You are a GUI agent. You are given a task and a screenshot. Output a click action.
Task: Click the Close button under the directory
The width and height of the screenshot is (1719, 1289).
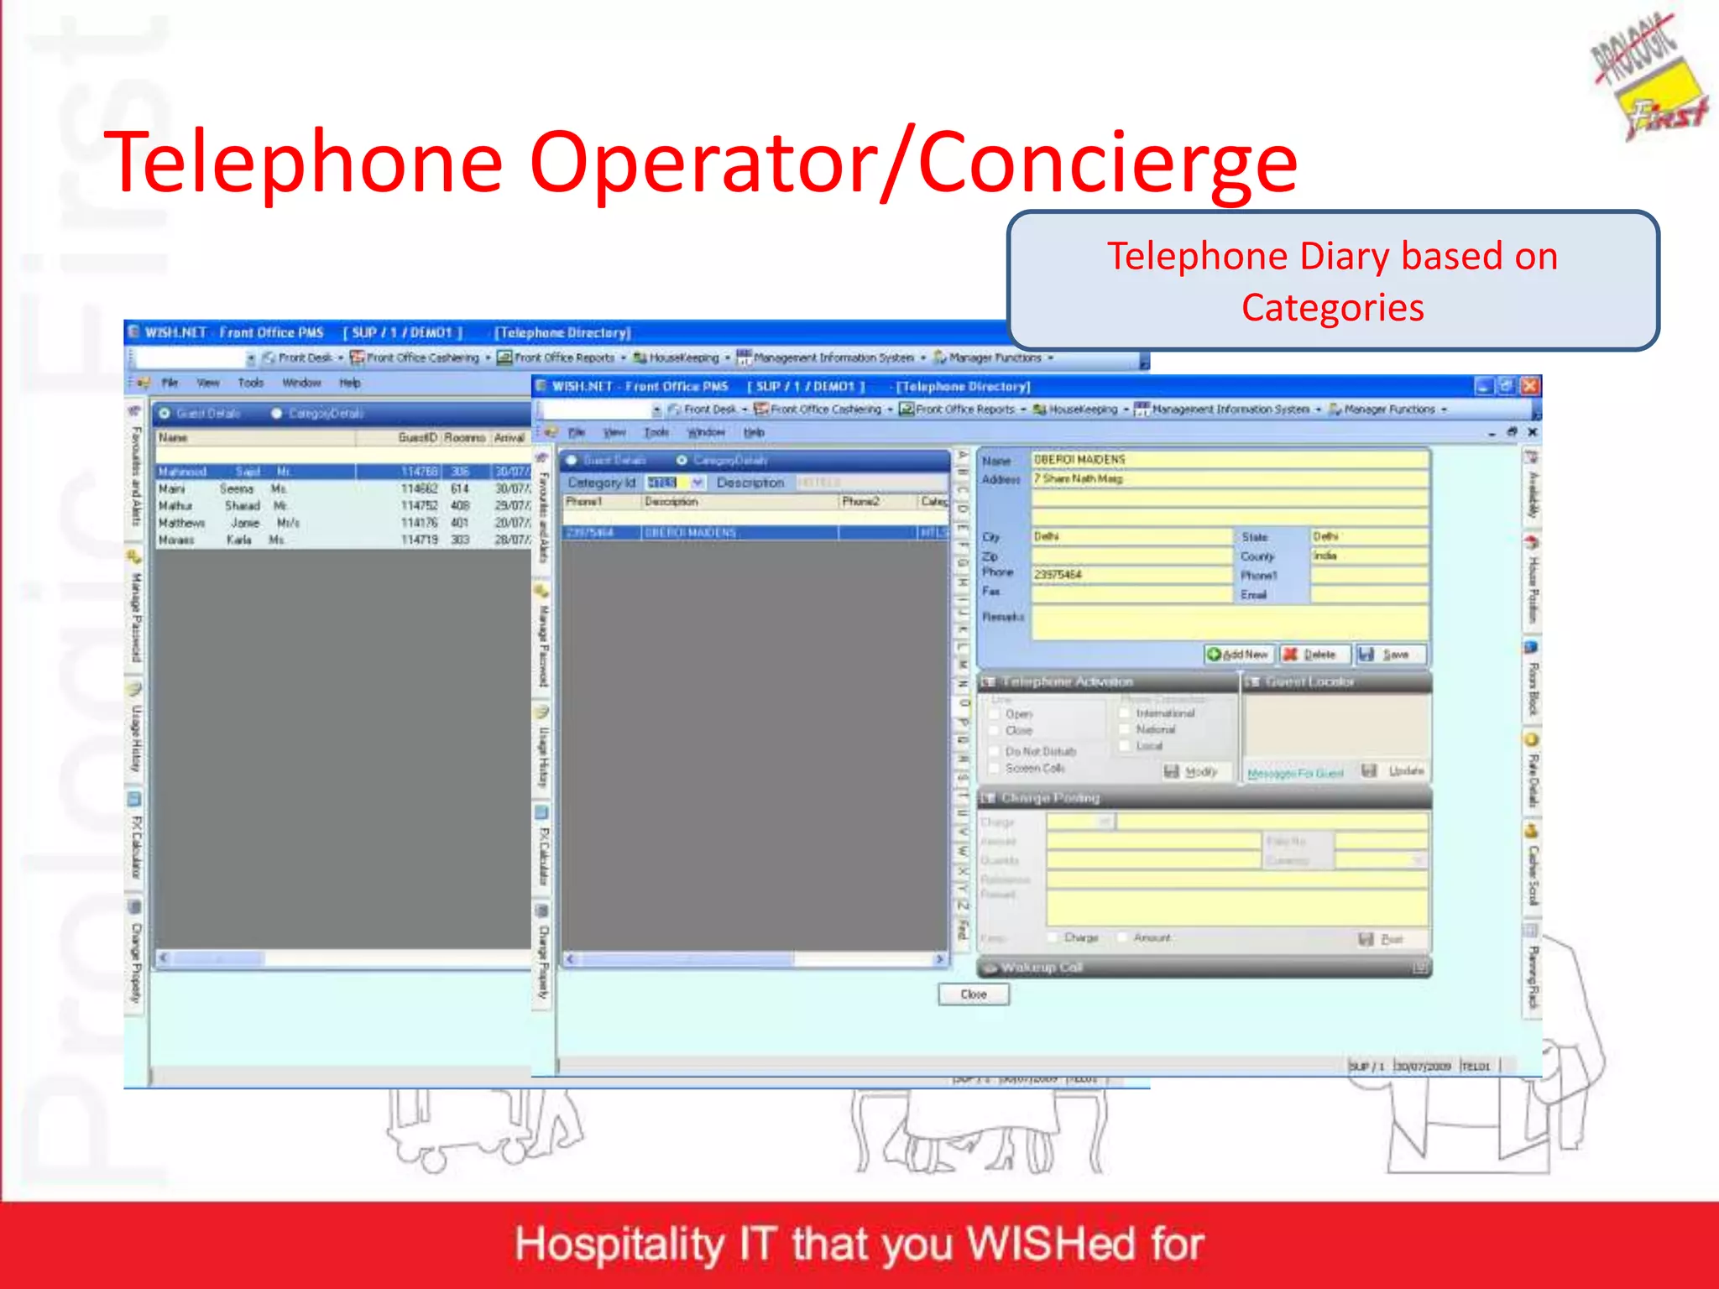tap(973, 994)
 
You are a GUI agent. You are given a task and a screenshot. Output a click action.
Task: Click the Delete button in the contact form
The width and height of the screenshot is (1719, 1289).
tap(1314, 655)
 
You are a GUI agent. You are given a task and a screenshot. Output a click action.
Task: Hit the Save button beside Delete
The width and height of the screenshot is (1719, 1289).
tap(1389, 655)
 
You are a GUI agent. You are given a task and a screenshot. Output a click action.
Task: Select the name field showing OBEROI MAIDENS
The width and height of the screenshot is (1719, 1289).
tap(1229, 460)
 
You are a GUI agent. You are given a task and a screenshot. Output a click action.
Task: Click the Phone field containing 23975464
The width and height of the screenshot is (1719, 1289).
tap(1131, 575)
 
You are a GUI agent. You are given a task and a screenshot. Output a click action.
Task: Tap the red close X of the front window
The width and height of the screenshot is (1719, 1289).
tap(1530, 386)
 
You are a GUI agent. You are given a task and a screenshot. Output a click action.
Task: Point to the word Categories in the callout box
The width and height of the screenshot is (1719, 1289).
tap(1332, 308)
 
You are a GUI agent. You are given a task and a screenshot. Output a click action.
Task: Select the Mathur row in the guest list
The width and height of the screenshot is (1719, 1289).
tap(252, 506)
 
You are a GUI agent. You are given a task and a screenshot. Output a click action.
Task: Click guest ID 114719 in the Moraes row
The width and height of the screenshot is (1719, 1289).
tap(419, 540)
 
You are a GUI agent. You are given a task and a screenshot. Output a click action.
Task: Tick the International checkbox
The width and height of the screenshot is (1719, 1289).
tap(1125, 713)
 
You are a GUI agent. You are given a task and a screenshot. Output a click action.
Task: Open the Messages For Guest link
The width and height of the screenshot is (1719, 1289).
tap(1295, 773)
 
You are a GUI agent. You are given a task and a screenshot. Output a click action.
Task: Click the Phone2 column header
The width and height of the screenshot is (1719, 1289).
tap(861, 502)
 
